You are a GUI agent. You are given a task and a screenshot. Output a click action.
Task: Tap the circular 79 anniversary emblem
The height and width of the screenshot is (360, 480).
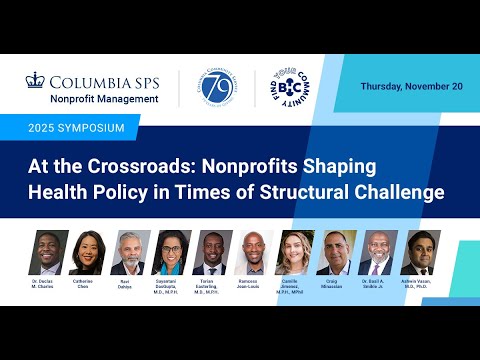coord(216,89)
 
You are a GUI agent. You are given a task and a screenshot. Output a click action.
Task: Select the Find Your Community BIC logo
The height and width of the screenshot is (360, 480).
coord(283,89)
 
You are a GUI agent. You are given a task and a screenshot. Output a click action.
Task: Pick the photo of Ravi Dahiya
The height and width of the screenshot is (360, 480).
coord(127,253)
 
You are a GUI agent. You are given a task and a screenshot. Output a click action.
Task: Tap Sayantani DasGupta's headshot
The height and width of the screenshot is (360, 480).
coord(168,253)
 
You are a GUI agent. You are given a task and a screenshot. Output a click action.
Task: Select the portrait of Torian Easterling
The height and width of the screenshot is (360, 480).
coord(208,253)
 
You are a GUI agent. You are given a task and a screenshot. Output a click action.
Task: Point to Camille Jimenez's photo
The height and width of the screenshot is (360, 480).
coord(294,253)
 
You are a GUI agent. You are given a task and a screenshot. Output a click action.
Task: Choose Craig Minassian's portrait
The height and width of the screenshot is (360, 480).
coord(337,253)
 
